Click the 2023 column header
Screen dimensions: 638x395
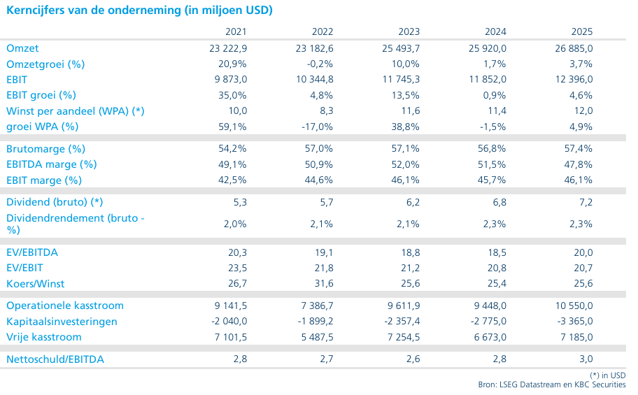point(409,31)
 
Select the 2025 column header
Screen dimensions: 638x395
point(582,31)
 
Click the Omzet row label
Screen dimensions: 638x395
point(22,48)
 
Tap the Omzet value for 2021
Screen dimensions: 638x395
point(228,48)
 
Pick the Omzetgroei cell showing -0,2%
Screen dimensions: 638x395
point(320,64)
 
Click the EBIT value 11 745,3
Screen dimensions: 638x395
point(401,79)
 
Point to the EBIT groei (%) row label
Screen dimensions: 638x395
point(41,95)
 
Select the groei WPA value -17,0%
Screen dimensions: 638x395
point(318,127)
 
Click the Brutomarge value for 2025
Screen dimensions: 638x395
point(578,148)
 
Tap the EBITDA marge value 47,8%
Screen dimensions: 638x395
point(578,164)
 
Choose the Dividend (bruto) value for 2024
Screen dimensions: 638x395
point(499,202)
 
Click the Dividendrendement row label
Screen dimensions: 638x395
point(76,224)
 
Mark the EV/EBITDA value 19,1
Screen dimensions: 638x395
point(324,252)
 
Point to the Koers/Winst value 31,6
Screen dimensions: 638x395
point(324,284)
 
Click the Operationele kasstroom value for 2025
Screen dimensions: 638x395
point(574,306)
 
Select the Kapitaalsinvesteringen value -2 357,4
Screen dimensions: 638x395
point(402,322)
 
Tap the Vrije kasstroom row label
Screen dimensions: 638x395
point(44,337)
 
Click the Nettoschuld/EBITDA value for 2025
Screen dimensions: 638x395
point(586,359)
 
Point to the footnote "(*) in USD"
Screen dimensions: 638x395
point(607,375)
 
